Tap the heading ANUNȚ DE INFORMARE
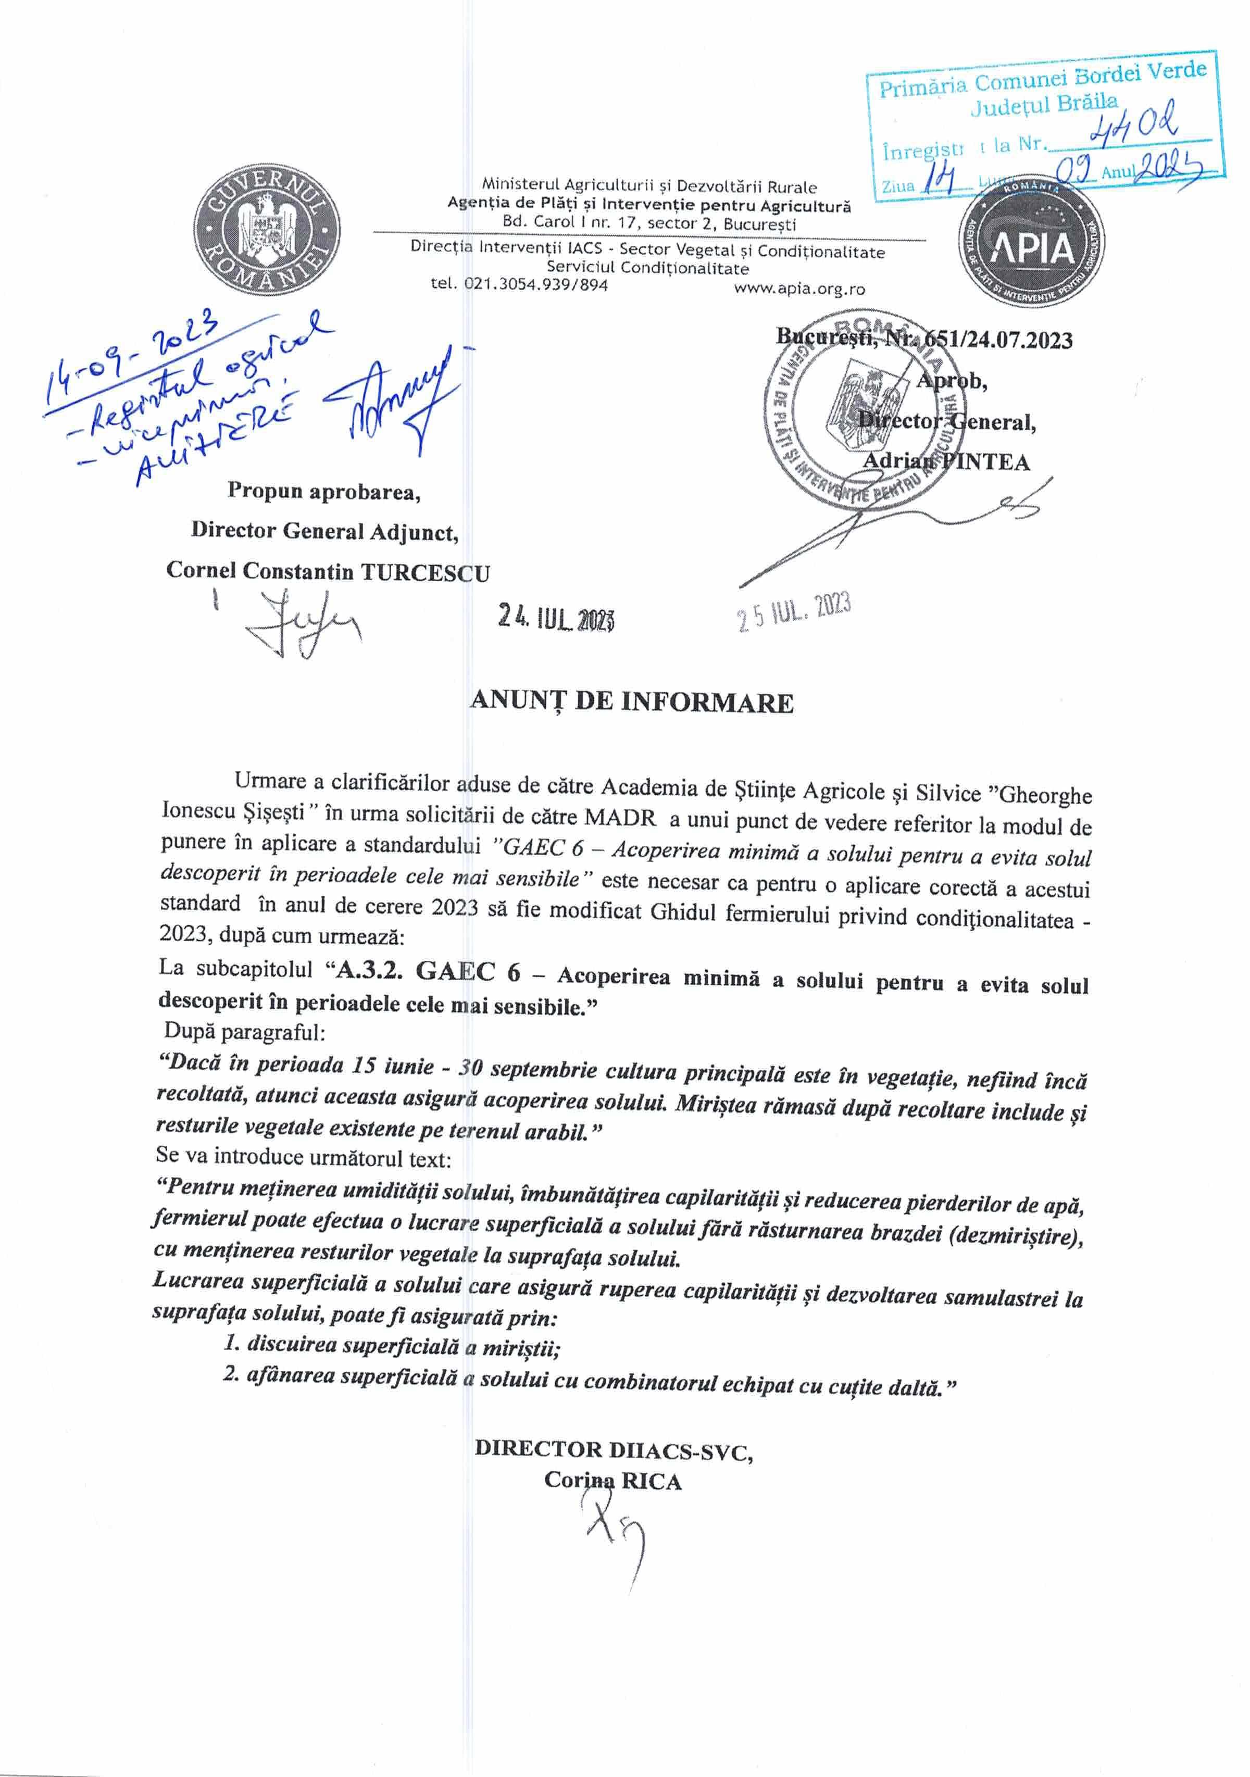[632, 701]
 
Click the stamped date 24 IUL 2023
[556, 618]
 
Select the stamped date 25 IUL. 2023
[794, 613]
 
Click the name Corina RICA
[612, 1481]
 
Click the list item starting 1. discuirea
[392, 1345]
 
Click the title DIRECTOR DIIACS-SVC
[614, 1449]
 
